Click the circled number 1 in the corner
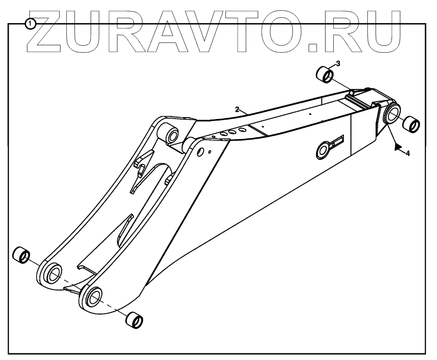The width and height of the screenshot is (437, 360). click(31, 23)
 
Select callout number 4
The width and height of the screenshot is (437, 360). click(407, 154)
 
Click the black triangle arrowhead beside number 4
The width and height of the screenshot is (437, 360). click(397, 147)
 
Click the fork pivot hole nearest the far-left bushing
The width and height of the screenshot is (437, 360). click(53, 274)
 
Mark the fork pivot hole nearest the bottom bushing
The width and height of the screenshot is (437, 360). click(93, 297)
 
